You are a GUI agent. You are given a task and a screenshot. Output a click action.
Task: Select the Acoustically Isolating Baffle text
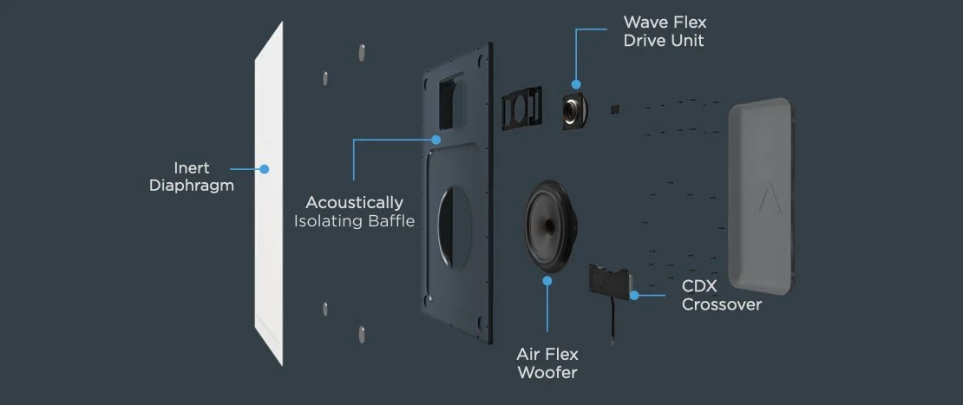(x=354, y=212)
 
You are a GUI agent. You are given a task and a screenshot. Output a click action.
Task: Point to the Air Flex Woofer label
(x=547, y=363)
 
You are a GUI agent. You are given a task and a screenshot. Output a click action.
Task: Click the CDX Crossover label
(x=721, y=295)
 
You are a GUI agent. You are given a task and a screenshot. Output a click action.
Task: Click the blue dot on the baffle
(x=436, y=139)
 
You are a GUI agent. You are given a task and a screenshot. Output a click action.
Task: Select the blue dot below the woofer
(x=547, y=281)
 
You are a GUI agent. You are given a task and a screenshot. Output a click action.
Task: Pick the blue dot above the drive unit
(x=573, y=83)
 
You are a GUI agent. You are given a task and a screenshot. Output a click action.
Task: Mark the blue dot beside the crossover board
(x=635, y=295)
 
